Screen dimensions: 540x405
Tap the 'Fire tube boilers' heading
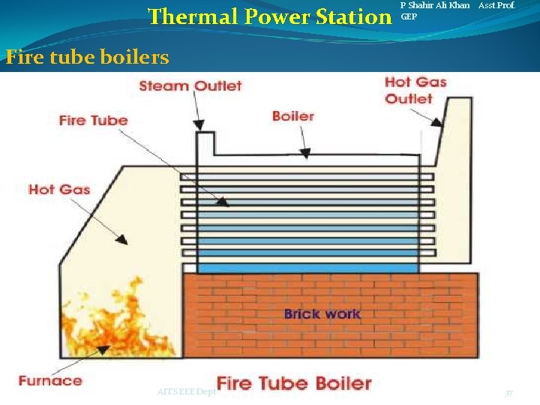87,57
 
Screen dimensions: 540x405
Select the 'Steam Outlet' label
190,85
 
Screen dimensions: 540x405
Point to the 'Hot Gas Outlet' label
415,90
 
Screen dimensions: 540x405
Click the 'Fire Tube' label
93,120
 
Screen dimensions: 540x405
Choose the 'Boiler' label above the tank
292,116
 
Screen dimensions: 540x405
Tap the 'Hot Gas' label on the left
59,189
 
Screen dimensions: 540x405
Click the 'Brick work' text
322,314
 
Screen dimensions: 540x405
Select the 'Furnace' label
50,380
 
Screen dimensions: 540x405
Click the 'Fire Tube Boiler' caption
294,383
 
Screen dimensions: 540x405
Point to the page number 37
508,393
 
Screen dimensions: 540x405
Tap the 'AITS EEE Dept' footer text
187,391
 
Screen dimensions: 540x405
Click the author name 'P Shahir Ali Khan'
435,5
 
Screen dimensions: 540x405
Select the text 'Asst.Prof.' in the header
496,5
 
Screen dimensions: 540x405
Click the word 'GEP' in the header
409,16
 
